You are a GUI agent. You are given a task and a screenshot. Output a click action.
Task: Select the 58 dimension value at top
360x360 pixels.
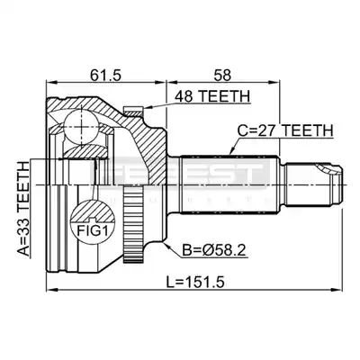point(222,75)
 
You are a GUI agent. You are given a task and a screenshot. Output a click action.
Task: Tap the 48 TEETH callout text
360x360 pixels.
point(212,96)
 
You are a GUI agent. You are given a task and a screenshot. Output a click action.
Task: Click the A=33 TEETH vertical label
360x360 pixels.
point(22,209)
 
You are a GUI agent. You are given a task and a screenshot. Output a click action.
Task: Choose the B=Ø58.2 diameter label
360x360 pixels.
point(214,251)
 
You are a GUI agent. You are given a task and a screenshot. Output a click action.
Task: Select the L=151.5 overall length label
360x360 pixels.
point(196,282)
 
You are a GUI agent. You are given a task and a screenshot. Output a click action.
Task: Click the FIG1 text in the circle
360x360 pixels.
point(93,231)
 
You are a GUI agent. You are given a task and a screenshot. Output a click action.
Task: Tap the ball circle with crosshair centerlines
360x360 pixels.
point(82,127)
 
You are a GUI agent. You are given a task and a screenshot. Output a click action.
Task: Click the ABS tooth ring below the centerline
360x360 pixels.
point(133,227)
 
